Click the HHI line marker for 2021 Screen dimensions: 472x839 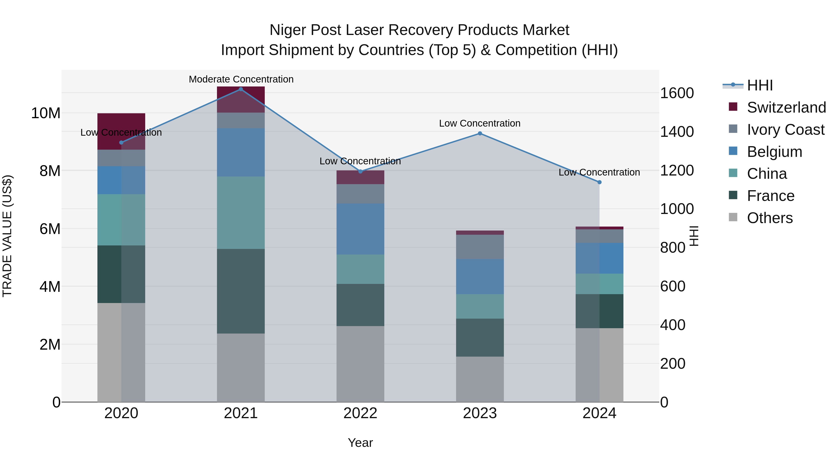pyautogui.click(x=241, y=89)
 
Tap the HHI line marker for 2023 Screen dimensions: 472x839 pyautogui.click(x=480, y=134)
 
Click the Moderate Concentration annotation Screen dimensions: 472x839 pyautogui.click(x=241, y=79)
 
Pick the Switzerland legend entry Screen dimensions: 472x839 pyautogui.click(x=786, y=107)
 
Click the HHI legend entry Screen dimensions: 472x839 pyautogui.click(x=760, y=85)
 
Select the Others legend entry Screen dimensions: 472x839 pyautogui.click(x=770, y=218)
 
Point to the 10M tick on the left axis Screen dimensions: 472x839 pyautogui.click(x=46, y=113)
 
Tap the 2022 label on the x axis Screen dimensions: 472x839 pyautogui.click(x=360, y=413)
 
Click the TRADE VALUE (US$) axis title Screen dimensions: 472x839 pyautogui.click(x=7, y=236)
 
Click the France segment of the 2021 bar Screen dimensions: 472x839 pyautogui.click(x=241, y=291)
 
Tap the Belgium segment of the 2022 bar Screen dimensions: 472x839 pyautogui.click(x=360, y=229)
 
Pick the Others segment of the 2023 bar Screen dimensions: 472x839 pyautogui.click(x=480, y=379)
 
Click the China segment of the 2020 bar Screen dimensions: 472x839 pyautogui.click(x=121, y=220)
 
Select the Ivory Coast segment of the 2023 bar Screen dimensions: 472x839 pyautogui.click(x=480, y=247)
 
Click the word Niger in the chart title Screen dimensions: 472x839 pyautogui.click(x=288, y=30)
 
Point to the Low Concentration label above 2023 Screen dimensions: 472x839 pyautogui.click(x=480, y=124)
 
